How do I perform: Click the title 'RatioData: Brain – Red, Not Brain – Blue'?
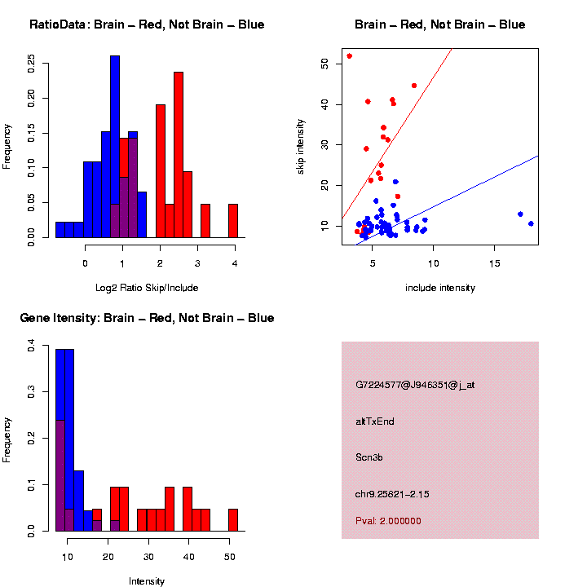(147, 24)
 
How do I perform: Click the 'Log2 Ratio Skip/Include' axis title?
(147, 288)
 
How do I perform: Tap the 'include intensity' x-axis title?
(439, 288)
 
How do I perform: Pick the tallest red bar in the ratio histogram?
(179, 155)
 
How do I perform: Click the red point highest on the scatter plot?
(350, 56)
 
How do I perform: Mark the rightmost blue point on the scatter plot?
(531, 223)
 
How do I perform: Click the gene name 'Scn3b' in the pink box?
(369, 457)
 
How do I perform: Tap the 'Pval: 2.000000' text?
(388, 521)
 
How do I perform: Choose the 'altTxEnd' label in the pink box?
(375, 421)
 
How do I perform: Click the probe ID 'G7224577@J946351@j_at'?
(415, 385)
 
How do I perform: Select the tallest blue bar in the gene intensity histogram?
(65, 440)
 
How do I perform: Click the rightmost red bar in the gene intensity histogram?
(233, 519)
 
